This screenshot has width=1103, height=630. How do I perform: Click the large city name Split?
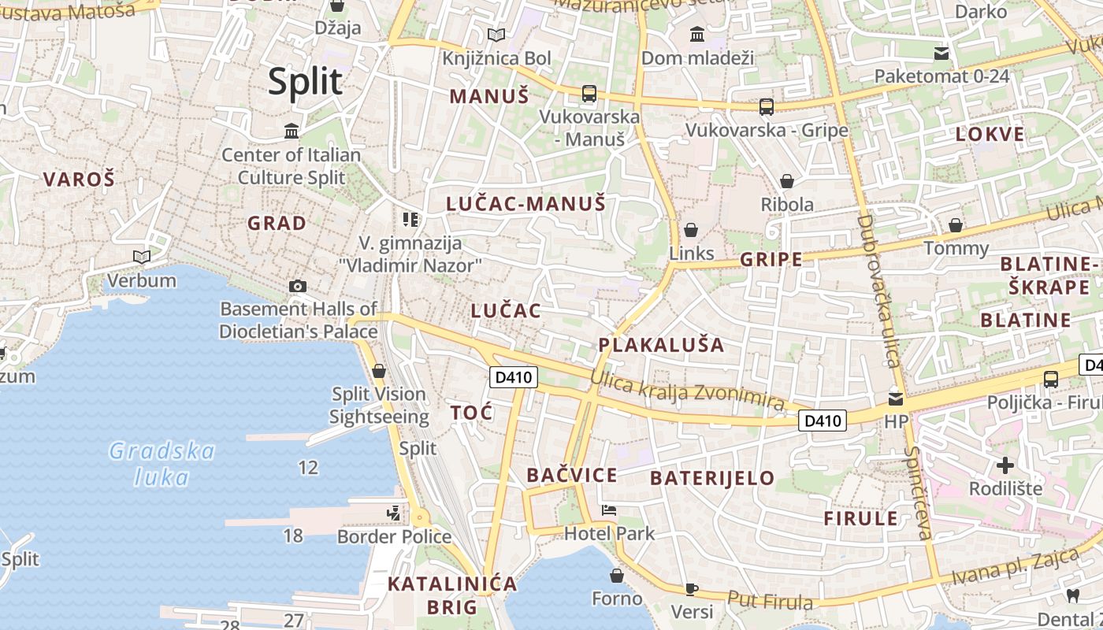tap(305, 82)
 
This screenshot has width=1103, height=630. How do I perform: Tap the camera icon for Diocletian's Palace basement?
tap(298, 286)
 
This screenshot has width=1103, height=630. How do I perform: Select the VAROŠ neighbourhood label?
tap(79, 179)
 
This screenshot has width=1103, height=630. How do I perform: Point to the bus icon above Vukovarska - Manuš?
tap(589, 94)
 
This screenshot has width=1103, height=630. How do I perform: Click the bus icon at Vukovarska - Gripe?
tap(766, 106)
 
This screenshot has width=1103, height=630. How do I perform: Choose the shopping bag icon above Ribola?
tap(786, 181)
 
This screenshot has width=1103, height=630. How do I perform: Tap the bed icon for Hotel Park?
tap(609, 510)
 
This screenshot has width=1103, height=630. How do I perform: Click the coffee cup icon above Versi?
tap(691, 588)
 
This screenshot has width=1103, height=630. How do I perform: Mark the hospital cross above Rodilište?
tap(1005, 465)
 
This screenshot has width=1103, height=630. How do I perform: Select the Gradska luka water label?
tap(162, 464)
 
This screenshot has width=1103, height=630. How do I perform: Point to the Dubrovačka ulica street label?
tap(878, 291)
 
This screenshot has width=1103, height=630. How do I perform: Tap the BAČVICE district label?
tap(572, 475)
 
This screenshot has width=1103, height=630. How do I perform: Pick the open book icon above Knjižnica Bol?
tap(496, 35)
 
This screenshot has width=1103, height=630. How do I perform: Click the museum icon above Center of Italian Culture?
tap(292, 131)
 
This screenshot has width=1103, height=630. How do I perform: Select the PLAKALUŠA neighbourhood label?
tap(661, 345)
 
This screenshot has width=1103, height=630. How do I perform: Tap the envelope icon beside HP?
tap(896, 398)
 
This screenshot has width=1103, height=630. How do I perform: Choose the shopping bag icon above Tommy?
tap(955, 226)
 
